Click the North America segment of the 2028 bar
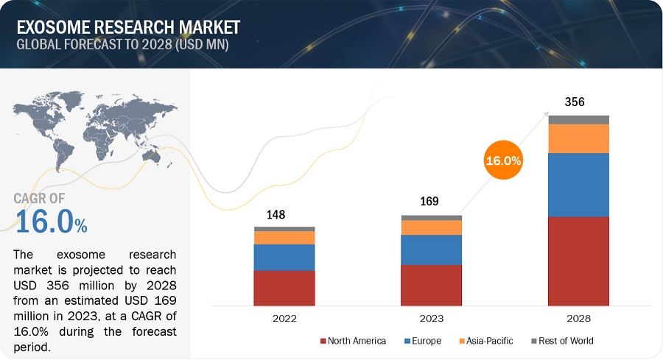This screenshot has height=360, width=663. coord(578,261)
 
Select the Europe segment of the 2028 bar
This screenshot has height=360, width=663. coord(578,184)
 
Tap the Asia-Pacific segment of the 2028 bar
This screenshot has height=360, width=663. coord(578,138)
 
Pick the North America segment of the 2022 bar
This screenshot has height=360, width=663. coord(284,287)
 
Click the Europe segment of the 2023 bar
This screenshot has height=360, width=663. coord(432,250)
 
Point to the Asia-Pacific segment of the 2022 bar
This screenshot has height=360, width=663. coord(284,238)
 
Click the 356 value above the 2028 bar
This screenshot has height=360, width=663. coord(574,102)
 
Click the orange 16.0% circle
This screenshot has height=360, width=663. coord(503,160)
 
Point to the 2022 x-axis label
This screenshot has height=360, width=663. coord(284,318)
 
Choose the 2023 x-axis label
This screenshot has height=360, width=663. coord(432,318)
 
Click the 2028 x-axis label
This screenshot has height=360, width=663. coord(578,318)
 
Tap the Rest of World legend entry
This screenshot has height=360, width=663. coord(559,341)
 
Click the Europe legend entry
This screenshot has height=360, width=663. coord(421,341)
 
